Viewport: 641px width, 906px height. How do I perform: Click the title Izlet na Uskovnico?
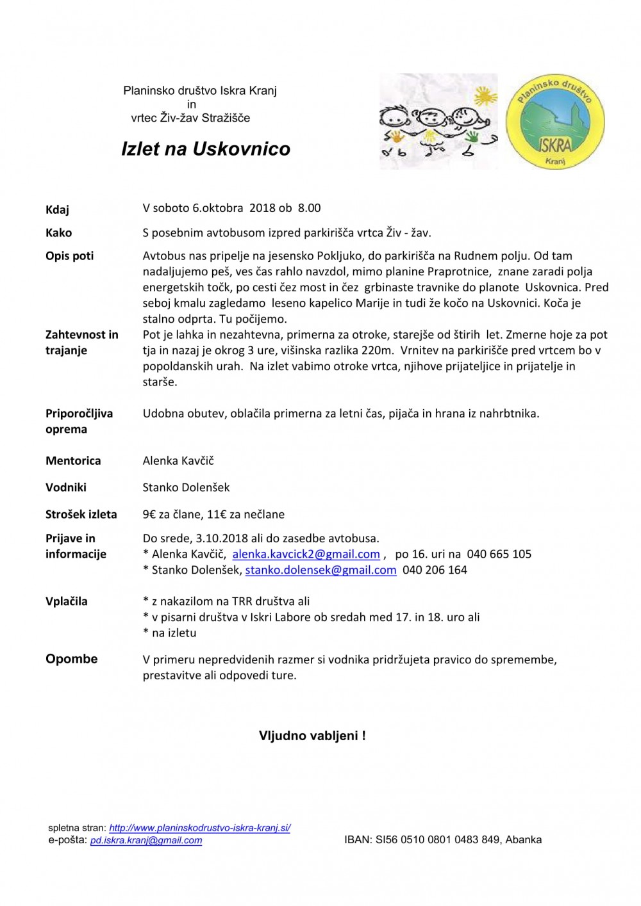pyautogui.click(x=206, y=149)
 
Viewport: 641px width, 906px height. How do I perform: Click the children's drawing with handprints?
pyautogui.click(x=438, y=122)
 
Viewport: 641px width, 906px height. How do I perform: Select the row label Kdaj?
pyautogui.click(x=57, y=209)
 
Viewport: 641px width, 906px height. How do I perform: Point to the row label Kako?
pyautogui.click(x=58, y=232)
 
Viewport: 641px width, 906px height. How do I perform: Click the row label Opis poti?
pyautogui.click(x=69, y=255)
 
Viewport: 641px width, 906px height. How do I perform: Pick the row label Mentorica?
pyautogui.click(x=73, y=460)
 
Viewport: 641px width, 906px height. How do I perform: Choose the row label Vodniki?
pyautogui.click(x=65, y=487)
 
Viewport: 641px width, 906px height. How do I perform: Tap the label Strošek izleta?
pyautogui.click(x=81, y=514)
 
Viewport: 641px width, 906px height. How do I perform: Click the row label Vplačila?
pyautogui.click(x=66, y=601)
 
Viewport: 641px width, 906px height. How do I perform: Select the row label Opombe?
pyautogui.click(x=71, y=659)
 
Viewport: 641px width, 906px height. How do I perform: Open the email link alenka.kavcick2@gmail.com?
pyautogui.click(x=306, y=554)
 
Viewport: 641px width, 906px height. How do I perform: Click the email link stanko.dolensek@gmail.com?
pyautogui.click(x=320, y=570)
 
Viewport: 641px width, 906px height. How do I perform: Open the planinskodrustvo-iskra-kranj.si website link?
pyautogui.click(x=199, y=828)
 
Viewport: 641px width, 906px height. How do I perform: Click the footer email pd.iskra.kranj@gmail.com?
pyautogui.click(x=146, y=840)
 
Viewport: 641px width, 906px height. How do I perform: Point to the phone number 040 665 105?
pyautogui.click(x=499, y=554)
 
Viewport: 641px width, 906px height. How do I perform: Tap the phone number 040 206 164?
pyautogui.click(x=435, y=570)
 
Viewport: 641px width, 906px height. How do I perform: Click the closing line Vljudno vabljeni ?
pyautogui.click(x=312, y=736)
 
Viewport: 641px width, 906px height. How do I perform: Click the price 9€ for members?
pyautogui.click(x=151, y=514)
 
